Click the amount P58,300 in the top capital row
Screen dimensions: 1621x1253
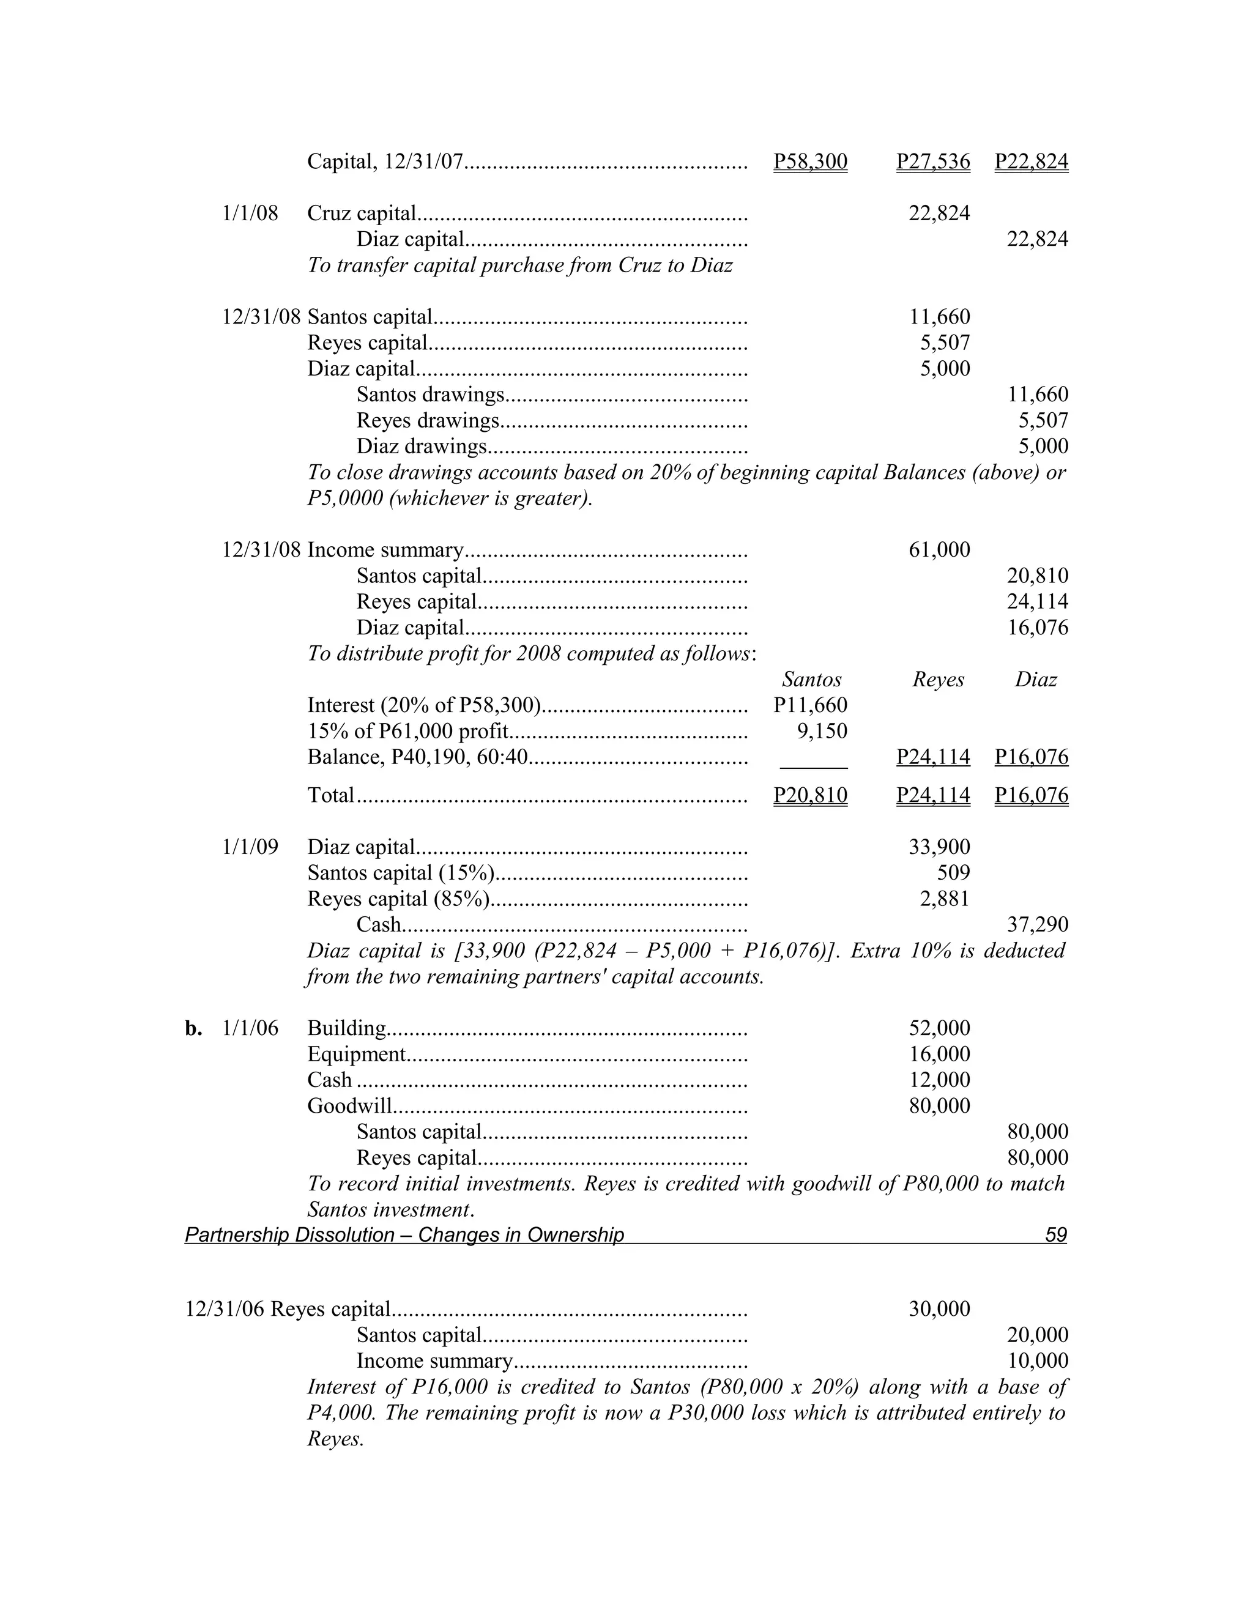point(810,161)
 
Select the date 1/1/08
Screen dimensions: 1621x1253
point(250,213)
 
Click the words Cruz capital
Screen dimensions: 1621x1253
point(362,213)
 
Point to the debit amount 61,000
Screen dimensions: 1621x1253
point(939,550)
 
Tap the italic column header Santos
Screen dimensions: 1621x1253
point(812,680)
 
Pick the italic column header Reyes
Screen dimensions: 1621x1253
point(939,680)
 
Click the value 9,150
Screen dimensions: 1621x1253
point(822,731)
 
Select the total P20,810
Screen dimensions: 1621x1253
point(810,796)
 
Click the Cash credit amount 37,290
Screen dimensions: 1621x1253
point(1037,925)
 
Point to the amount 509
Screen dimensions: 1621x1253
point(953,873)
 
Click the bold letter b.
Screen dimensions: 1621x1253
point(193,1029)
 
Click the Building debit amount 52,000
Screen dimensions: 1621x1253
point(939,1029)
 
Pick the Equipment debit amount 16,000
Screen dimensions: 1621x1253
point(939,1055)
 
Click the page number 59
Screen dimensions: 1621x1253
point(1055,1235)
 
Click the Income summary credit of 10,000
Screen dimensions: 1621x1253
point(1037,1361)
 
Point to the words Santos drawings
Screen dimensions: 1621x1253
point(431,395)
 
